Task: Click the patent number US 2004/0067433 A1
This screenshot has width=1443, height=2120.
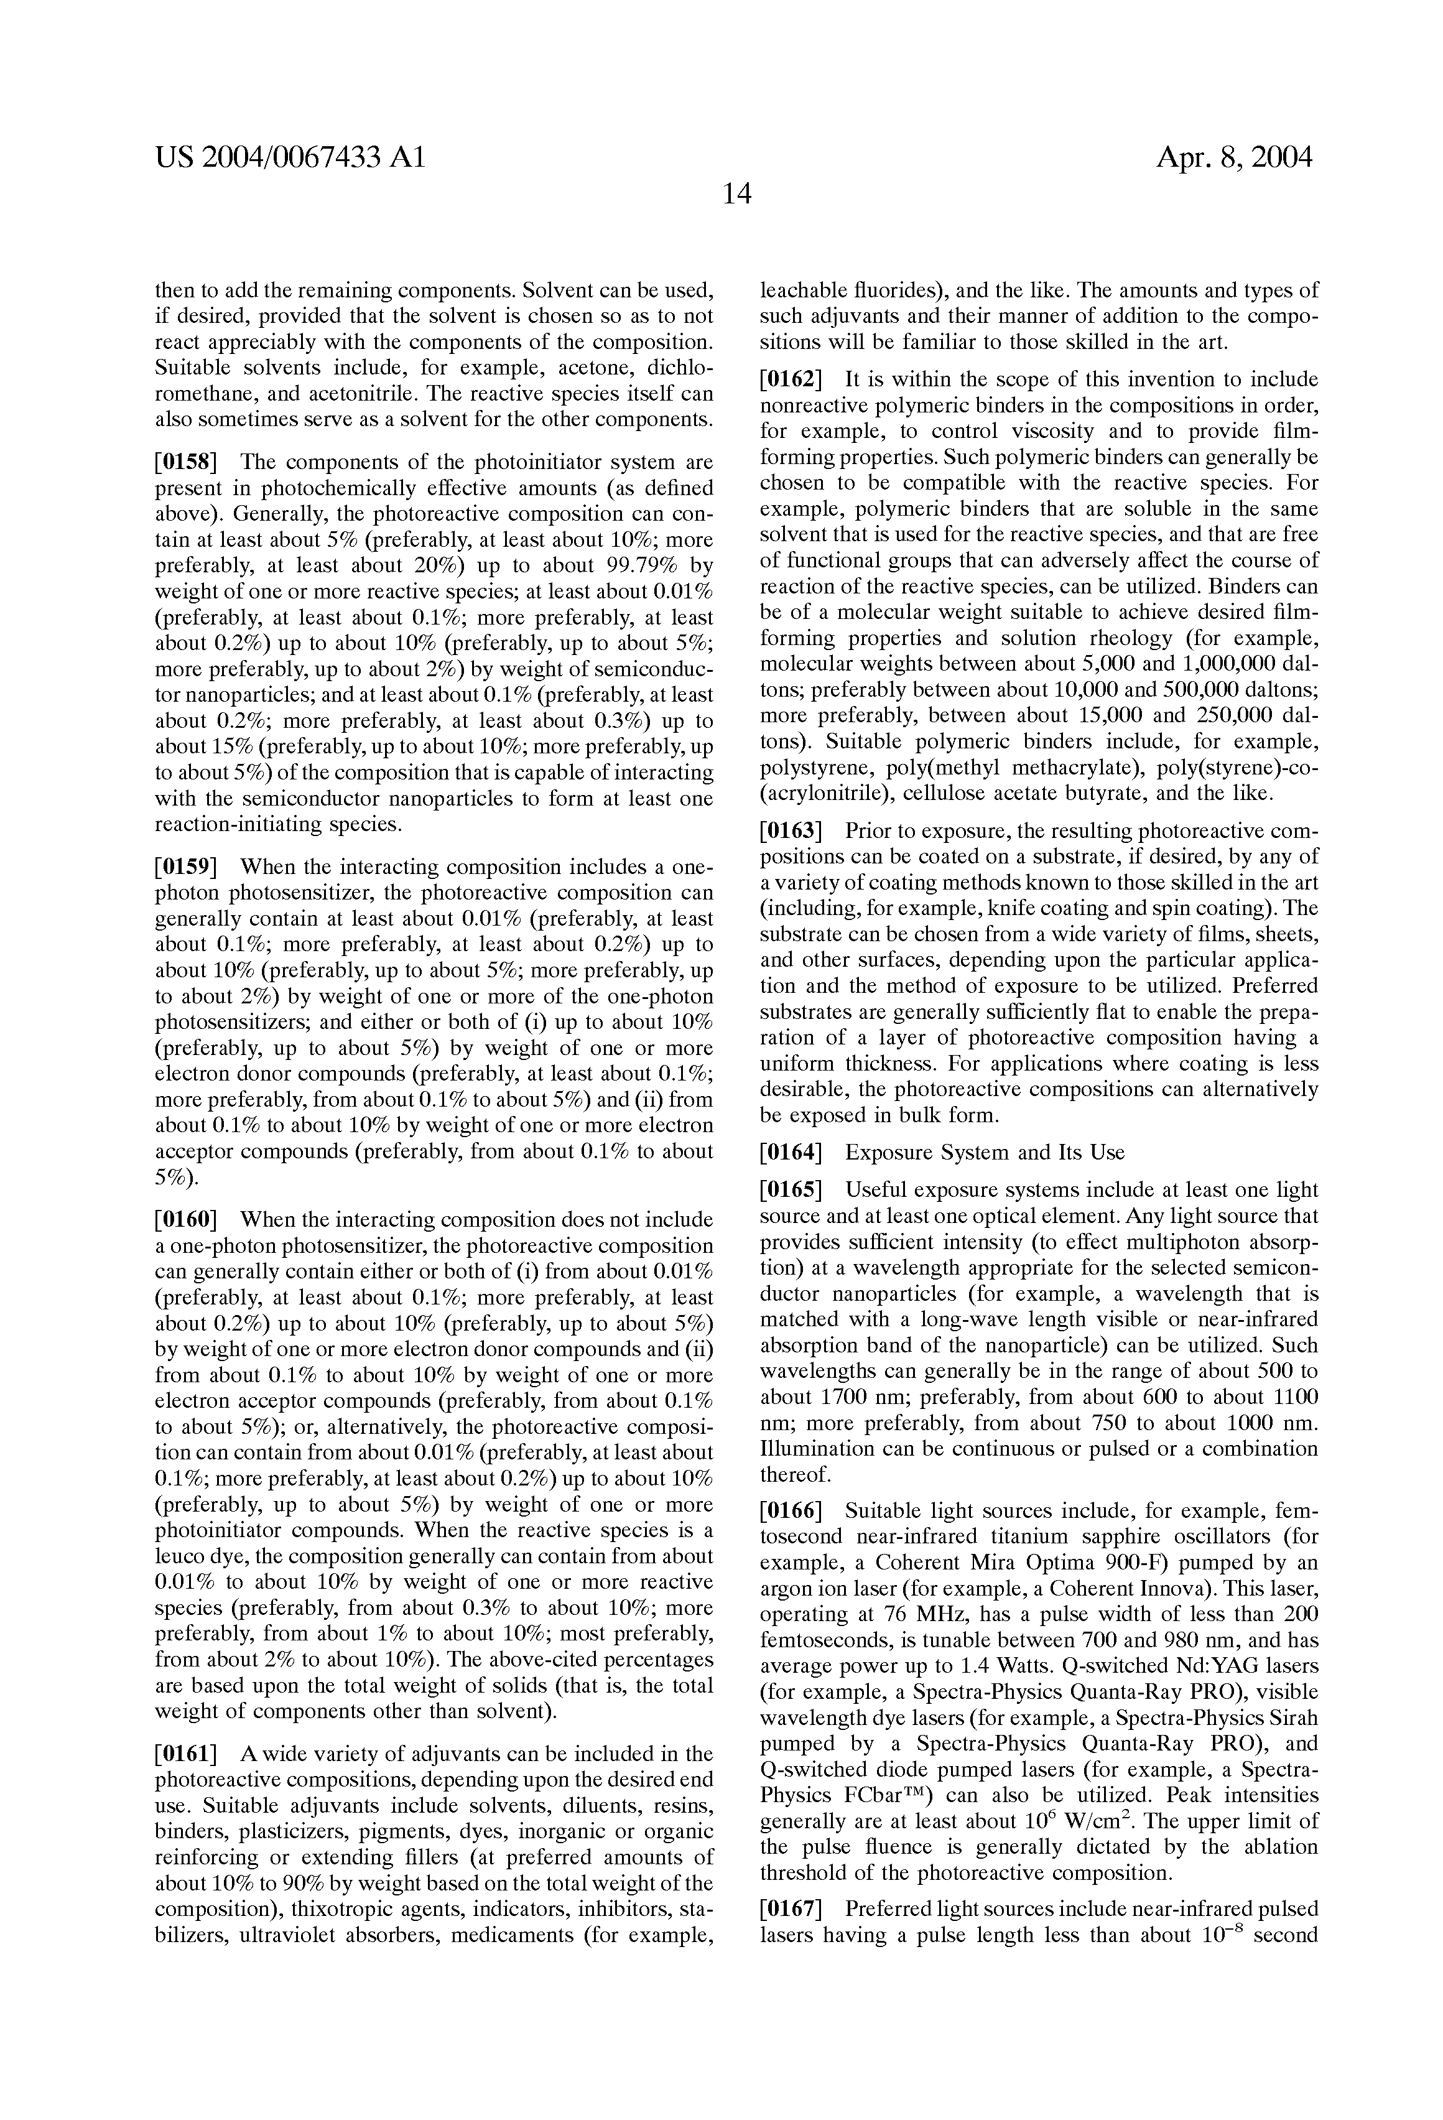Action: (290, 158)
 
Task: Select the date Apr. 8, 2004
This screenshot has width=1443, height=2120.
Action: (1234, 158)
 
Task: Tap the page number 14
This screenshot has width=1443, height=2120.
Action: (736, 193)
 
